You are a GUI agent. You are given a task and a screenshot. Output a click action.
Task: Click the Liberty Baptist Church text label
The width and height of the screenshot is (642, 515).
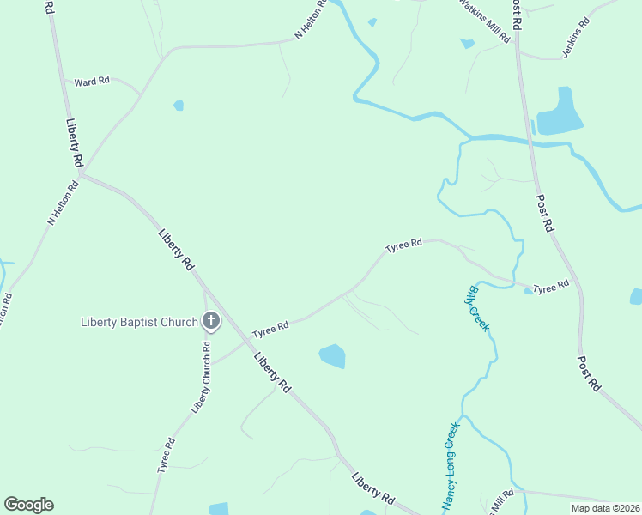point(139,323)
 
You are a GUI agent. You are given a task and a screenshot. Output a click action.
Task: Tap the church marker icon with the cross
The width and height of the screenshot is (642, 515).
point(211,323)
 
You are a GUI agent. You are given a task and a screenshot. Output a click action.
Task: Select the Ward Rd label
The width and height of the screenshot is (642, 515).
point(92,82)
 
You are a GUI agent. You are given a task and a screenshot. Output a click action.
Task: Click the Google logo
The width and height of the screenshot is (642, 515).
point(28,505)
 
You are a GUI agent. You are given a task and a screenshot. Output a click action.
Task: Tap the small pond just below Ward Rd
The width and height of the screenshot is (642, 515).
point(179,106)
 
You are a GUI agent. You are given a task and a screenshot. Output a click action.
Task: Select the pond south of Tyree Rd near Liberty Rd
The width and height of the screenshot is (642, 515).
point(332,355)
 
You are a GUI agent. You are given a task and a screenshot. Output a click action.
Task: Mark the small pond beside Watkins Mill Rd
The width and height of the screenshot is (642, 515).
point(467,44)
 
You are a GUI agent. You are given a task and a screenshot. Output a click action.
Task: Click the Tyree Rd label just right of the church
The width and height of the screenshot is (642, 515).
point(270,329)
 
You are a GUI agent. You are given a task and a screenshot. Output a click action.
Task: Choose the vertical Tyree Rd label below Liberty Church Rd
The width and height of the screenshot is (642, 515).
point(166,455)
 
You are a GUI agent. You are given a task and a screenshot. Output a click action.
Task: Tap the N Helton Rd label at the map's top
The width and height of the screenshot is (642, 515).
point(311,19)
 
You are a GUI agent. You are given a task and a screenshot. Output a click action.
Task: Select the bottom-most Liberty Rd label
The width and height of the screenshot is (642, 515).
point(373,487)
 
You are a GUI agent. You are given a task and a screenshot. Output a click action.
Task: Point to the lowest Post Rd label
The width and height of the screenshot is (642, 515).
point(589,373)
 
